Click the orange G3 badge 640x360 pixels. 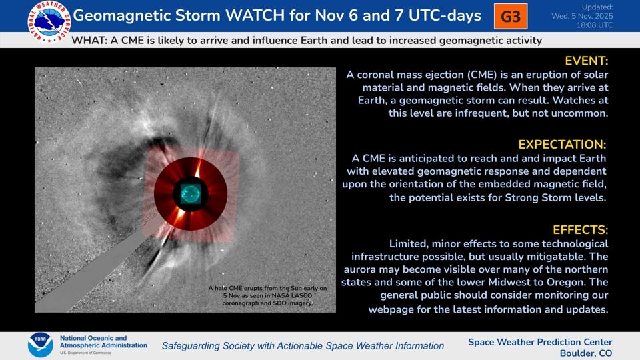511,16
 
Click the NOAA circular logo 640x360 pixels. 40,345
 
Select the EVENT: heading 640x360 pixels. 586,61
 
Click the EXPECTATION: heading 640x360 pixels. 563,144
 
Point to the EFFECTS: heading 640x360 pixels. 580,230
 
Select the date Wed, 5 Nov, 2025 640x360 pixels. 582,16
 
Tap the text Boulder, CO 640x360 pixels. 585,353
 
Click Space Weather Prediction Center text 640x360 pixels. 540,342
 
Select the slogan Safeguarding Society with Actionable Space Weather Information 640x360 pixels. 303,345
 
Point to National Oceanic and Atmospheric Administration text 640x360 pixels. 103,342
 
